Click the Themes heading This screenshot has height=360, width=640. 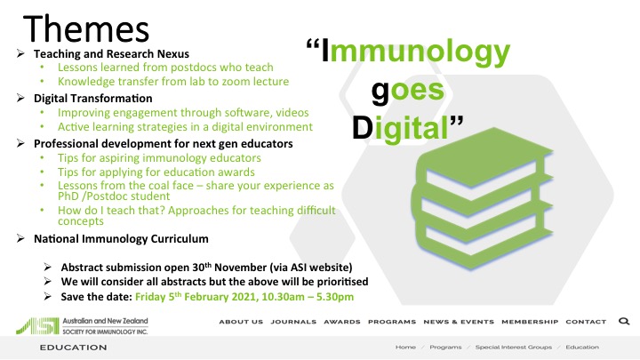pos(86,28)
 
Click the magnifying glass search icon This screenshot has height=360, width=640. pos(624,321)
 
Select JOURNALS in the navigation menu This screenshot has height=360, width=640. pos(293,322)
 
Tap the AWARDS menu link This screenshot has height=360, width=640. pos(342,322)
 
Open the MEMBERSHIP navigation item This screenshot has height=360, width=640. pos(530,322)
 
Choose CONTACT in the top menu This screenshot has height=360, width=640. pos(586,322)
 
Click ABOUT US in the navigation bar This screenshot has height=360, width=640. pos(241,322)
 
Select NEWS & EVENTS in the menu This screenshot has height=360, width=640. pos(459,322)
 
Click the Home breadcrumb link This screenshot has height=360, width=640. pos(405,347)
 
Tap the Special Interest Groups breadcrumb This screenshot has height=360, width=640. pos(514,347)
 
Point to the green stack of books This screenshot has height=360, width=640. pos(482,198)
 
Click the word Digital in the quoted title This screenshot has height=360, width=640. pos(400,129)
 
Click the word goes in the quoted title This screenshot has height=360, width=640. pos(407,91)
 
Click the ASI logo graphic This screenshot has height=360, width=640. pos(37,325)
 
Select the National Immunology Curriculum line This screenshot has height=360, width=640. pos(121,238)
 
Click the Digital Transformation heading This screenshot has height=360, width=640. pos(93,99)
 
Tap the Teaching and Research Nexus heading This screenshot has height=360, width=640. pos(111,54)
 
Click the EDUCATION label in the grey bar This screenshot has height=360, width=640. pos(74,348)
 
